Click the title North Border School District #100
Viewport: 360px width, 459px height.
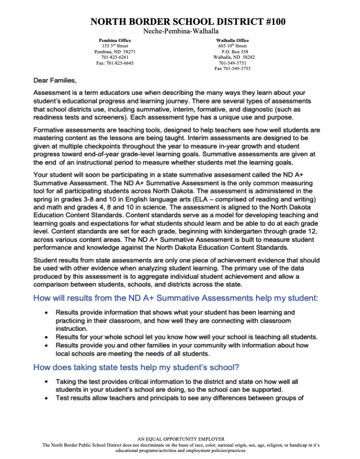[181, 22]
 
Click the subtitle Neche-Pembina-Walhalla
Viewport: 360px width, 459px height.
[181, 32]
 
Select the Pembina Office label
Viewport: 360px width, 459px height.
[115, 40]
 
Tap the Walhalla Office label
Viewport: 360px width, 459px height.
[232, 40]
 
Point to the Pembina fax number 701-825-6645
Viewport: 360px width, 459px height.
[115, 63]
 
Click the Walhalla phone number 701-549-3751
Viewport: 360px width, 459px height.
[233, 63]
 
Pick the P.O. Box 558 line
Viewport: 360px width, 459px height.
[233, 52]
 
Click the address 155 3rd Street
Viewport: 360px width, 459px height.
[115, 46]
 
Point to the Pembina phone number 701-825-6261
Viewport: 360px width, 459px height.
[115, 57]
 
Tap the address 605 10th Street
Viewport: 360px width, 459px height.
[232, 46]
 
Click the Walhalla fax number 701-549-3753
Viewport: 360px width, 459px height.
[233, 68]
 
